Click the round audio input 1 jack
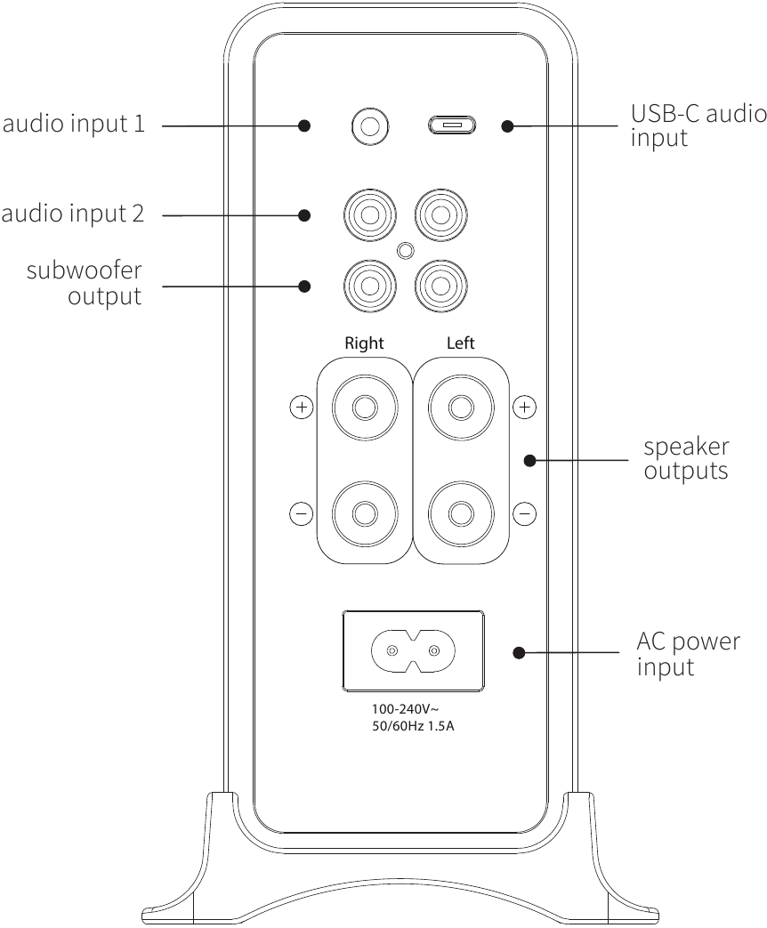tap(369, 125)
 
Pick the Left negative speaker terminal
tap(460, 513)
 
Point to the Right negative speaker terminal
tap(364, 513)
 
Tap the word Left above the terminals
tap(460, 343)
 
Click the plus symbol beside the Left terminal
tap(526, 408)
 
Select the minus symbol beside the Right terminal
tap(302, 513)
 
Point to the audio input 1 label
tap(73, 124)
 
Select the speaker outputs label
tap(685, 458)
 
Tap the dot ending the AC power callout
tap(519, 653)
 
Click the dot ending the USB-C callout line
tap(507, 126)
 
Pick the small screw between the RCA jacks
tap(406, 251)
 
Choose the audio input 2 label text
tap(73, 214)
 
